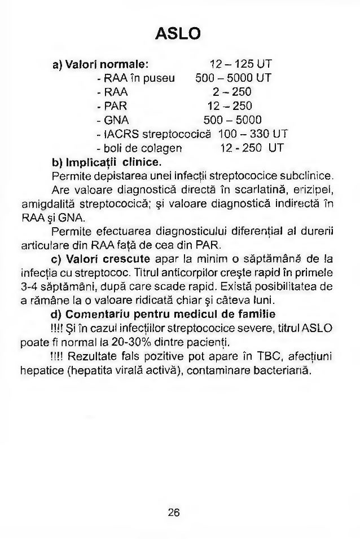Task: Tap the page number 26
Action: [x=173, y=512]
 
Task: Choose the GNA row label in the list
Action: [x=113, y=120]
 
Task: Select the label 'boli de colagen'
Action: [x=139, y=148]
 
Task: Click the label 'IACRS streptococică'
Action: [x=153, y=134]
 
